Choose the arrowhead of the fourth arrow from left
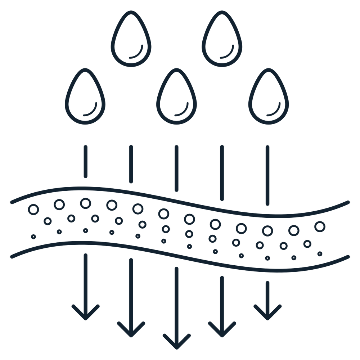tap(222, 329)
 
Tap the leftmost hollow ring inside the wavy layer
tap(34, 209)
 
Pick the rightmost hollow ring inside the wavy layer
tap(320, 226)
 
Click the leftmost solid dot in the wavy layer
tap(33, 236)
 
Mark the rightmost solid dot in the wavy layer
tap(320, 254)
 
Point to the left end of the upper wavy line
tap(12, 202)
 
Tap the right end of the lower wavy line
tap(348, 256)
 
